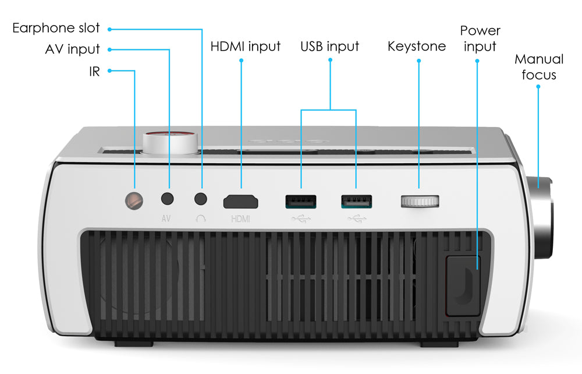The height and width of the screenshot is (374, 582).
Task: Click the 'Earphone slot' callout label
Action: tap(56, 28)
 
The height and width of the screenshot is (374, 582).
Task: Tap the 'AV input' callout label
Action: tap(72, 50)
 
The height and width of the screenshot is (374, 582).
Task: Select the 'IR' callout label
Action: tap(94, 71)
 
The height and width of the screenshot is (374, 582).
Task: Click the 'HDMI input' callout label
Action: tap(246, 46)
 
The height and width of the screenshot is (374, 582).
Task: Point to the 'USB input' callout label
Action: tap(329, 46)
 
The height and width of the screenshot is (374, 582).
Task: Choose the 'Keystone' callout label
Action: tap(417, 46)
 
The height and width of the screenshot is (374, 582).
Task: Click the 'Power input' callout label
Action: tap(480, 38)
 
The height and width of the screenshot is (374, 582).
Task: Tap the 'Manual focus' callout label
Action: tap(539, 67)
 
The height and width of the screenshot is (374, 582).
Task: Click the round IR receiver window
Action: tap(134, 199)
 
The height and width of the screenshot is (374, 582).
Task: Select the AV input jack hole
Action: tap(168, 199)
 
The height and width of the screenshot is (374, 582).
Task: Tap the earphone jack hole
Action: tap(201, 199)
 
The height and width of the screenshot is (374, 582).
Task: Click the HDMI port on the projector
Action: tap(241, 202)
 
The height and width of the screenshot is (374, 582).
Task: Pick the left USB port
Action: tap(300, 202)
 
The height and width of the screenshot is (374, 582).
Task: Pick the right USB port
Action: tap(356, 202)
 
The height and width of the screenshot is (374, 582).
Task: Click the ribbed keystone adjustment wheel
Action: tap(420, 202)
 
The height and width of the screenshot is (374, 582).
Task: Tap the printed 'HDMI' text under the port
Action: tap(240, 219)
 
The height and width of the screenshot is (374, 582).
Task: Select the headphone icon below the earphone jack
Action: tap(201, 218)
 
